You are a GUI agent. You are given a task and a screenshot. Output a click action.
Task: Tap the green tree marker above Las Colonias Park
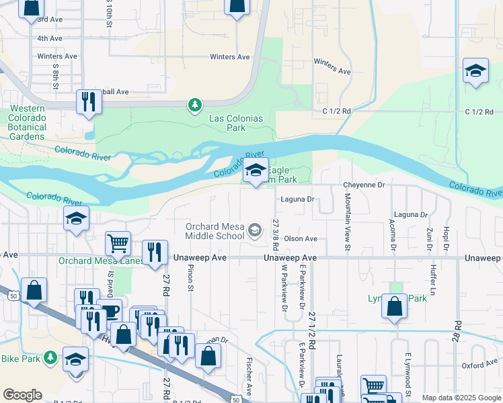[x=194, y=105]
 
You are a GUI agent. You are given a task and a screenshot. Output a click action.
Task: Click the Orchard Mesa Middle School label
[x=215, y=231]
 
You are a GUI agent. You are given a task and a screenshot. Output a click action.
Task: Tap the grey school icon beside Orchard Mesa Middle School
[x=255, y=231]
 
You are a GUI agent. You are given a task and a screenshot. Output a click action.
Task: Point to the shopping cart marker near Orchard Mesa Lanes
[x=118, y=242]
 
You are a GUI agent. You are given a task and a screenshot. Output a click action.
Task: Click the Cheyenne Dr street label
[x=363, y=185]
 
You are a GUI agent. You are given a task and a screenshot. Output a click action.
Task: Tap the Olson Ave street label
[x=300, y=238]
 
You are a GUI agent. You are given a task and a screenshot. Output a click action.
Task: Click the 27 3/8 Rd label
[x=276, y=235]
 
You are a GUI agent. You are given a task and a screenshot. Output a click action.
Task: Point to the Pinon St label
[x=190, y=278]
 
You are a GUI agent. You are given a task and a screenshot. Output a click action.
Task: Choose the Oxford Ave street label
[x=479, y=366]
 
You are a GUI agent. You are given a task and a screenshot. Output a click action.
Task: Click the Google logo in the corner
[x=22, y=394]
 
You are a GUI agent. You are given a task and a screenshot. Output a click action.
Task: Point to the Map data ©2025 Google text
[x=461, y=398]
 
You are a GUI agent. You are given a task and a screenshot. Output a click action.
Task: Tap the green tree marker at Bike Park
[x=50, y=358]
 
